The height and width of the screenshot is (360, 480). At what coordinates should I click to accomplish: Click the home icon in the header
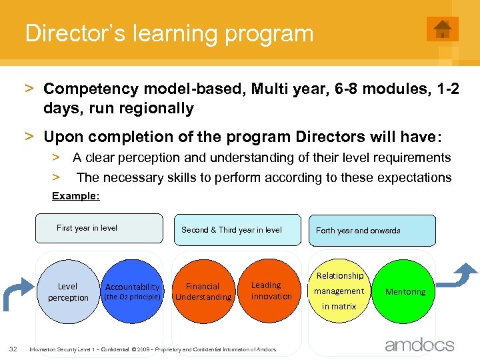[x=442, y=29]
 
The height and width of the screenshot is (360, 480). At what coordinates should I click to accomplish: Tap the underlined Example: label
[x=76, y=196]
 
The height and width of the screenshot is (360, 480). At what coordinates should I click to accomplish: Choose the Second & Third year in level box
[x=237, y=230]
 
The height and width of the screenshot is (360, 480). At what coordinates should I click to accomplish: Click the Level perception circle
[x=67, y=291]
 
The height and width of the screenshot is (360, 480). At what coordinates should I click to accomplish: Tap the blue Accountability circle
[x=132, y=291]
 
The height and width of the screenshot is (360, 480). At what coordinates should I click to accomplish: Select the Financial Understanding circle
[x=203, y=291]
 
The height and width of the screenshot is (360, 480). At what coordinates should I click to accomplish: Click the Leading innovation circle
[x=271, y=291]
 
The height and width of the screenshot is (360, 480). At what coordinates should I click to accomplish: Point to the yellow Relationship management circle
[x=339, y=291]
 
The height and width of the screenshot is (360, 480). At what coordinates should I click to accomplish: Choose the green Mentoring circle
[x=405, y=291]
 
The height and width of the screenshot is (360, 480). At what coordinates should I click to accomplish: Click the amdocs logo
[x=419, y=345]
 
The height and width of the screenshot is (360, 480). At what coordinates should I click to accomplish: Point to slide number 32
[x=13, y=349]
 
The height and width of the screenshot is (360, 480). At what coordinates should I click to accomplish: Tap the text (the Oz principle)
[x=132, y=297]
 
